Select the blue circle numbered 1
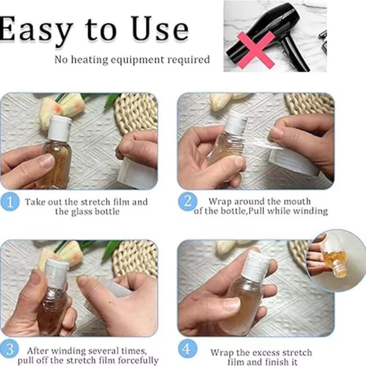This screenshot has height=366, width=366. [x=10, y=201]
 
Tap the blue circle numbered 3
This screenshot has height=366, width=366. [x=10, y=350]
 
